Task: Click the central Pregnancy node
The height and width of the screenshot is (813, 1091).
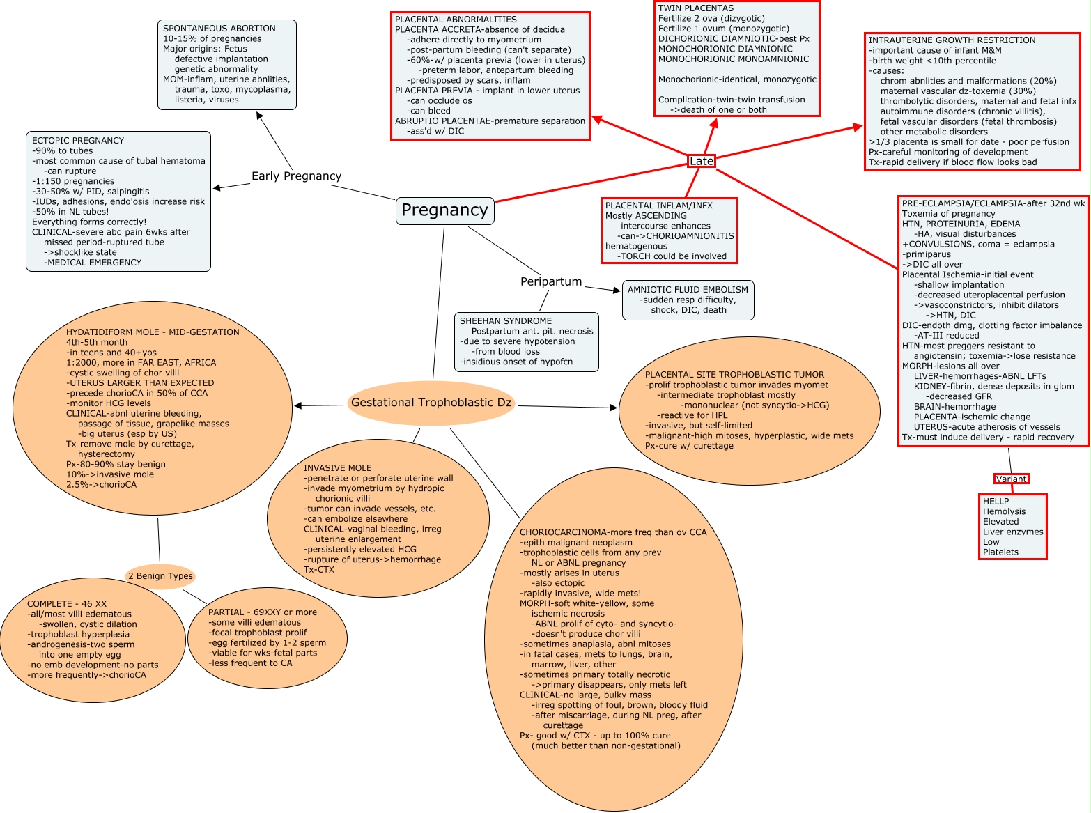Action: pos(444,210)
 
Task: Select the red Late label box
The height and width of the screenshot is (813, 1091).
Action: pos(701,161)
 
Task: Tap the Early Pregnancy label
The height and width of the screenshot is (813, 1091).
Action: pos(296,176)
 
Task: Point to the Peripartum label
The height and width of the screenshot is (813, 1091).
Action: pos(551,281)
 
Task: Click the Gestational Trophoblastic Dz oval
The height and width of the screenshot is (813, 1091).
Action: pos(431,403)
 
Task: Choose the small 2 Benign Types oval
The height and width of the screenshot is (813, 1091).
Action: pos(160,576)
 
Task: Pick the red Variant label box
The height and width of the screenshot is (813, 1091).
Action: pos(1011,479)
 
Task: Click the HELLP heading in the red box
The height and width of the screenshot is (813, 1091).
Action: pos(996,502)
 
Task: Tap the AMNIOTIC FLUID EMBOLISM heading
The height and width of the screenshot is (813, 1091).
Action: pos(688,290)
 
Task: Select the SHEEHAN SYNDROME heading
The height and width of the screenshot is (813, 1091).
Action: pos(505,321)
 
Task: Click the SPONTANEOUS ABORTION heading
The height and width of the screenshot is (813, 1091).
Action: pos(219,29)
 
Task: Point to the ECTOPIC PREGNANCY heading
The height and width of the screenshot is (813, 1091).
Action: pos(77,141)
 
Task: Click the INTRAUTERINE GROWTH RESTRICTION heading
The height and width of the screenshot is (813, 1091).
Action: pos(952,40)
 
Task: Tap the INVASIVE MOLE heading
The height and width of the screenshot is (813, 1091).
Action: pos(337,468)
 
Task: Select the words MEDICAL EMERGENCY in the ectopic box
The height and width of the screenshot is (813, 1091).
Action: pos(93,263)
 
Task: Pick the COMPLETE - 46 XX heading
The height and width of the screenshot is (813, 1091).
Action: pos(67,604)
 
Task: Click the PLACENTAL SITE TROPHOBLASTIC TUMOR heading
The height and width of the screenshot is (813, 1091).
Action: pos(734,375)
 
